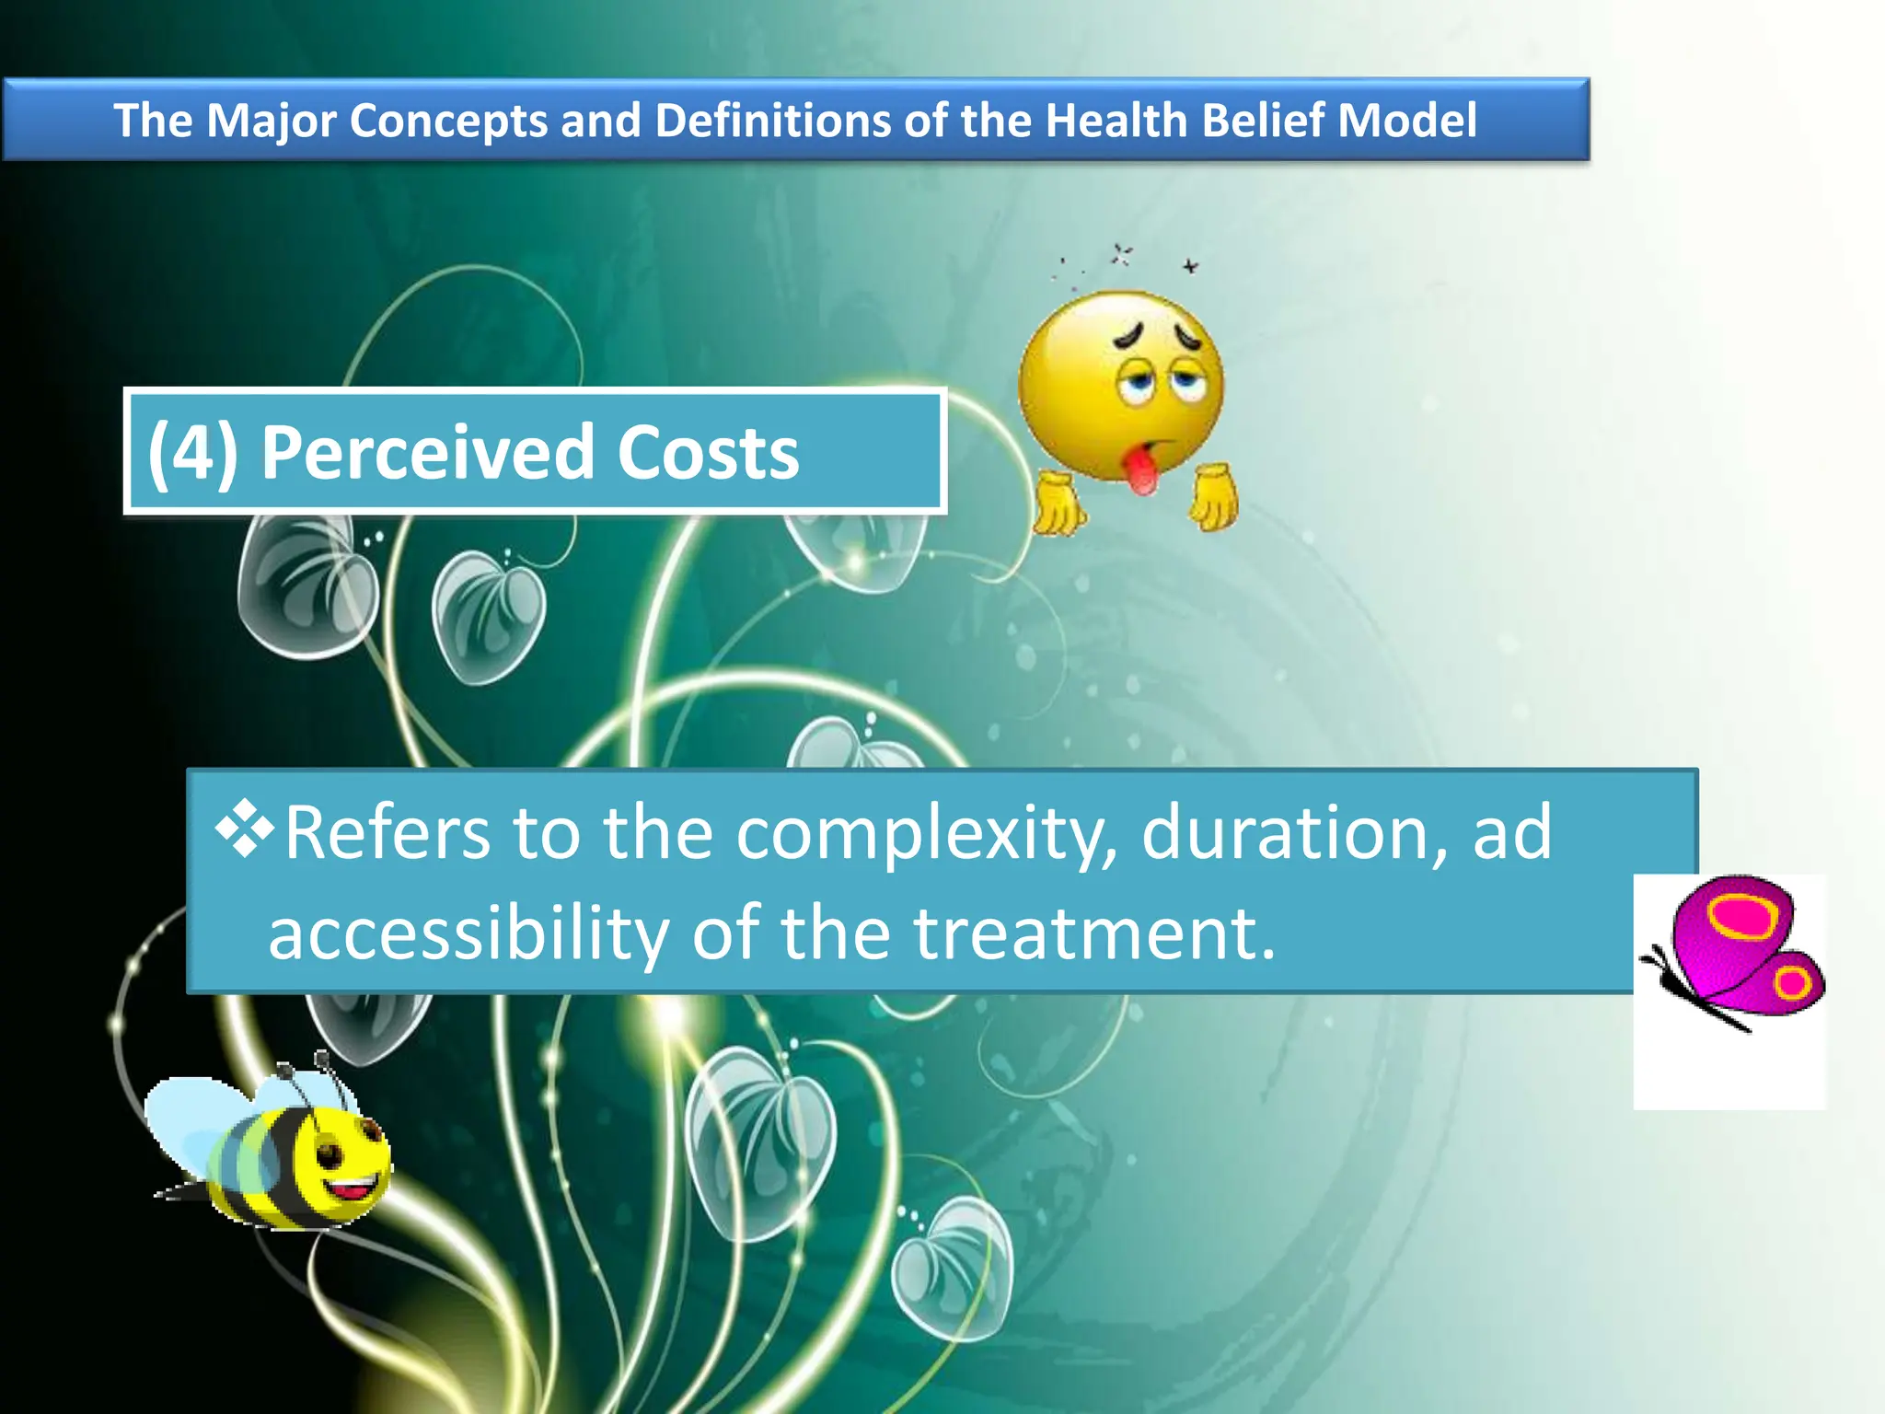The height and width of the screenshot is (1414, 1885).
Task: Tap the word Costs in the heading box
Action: coord(707,453)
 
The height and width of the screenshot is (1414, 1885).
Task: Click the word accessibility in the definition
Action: coord(468,933)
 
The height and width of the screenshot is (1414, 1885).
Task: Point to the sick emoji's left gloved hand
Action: coord(1058,502)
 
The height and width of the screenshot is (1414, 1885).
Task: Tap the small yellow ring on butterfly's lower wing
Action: coord(1791,983)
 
